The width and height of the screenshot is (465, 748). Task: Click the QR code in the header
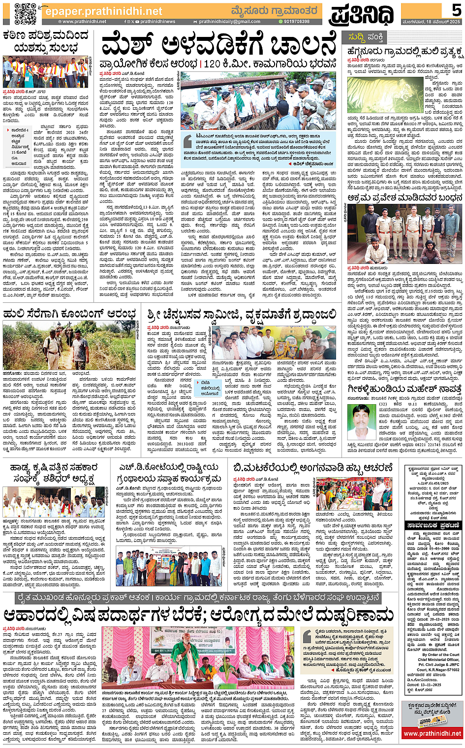[x=25, y=13]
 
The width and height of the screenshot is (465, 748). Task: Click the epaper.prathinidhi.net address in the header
[x=103, y=11]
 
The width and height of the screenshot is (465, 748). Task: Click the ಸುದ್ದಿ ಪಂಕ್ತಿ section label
[x=366, y=37]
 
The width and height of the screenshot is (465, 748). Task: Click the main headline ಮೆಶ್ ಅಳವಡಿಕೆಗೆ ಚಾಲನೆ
[x=219, y=46]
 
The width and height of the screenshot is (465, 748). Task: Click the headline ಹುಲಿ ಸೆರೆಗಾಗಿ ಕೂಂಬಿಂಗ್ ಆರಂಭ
[x=69, y=314]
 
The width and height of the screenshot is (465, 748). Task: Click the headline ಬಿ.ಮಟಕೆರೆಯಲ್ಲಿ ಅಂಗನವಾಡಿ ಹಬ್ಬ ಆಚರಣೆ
[x=313, y=466]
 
